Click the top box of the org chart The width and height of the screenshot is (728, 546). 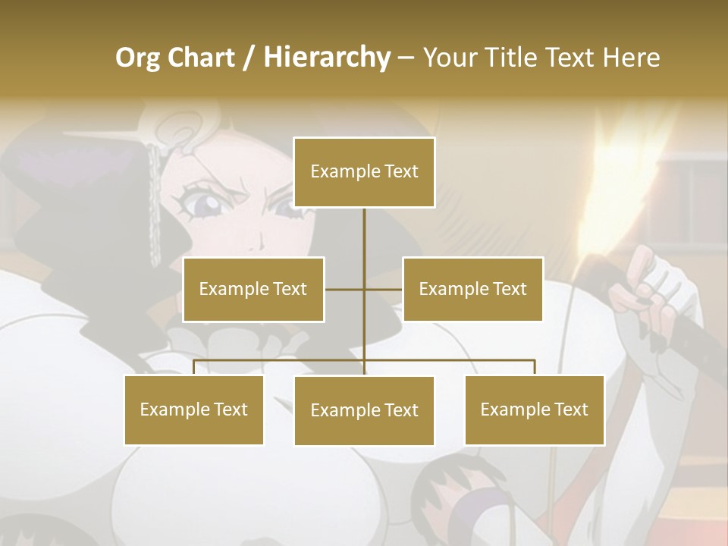click(x=364, y=172)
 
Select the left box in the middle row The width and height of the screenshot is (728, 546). click(x=253, y=289)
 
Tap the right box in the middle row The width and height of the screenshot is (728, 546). click(x=472, y=289)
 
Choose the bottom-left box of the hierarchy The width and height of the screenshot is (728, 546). click(x=194, y=410)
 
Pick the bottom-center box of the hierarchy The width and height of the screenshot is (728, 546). click(x=364, y=411)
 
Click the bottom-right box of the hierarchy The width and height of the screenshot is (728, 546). click(x=534, y=410)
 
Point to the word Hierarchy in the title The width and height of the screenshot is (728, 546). click(x=327, y=58)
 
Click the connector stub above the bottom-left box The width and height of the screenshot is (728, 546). click(x=194, y=368)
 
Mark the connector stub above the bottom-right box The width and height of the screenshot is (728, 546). click(x=535, y=368)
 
